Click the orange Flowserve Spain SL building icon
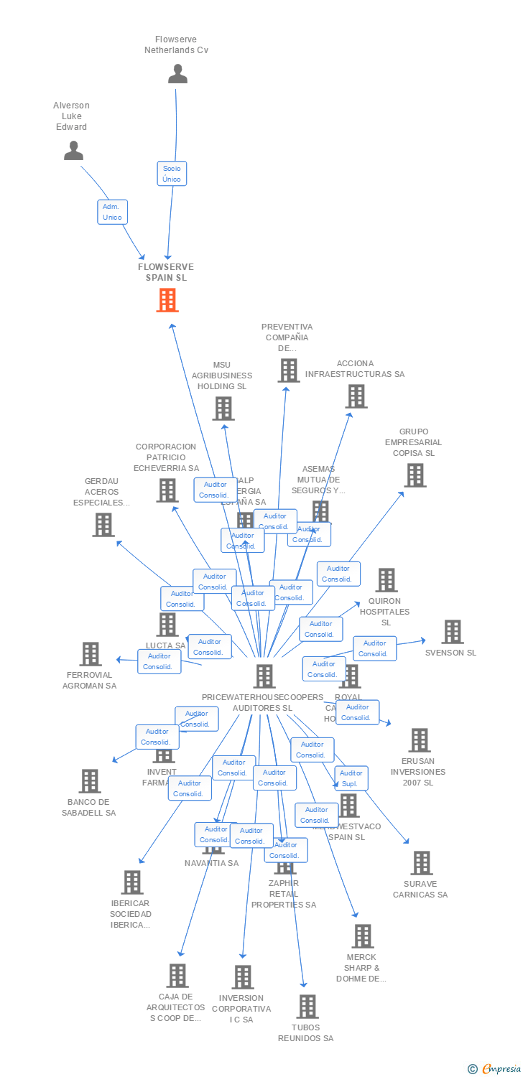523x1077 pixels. click(x=167, y=300)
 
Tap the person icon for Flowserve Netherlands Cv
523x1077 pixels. click(x=177, y=74)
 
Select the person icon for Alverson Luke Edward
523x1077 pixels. click(x=73, y=150)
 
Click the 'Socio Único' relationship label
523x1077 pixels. click(x=172, y=174)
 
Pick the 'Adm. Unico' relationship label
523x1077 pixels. click(x=112, y=212)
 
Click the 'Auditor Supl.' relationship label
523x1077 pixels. click(x=351, y=778)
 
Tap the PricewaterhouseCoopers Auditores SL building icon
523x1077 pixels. click(x=264, y=676)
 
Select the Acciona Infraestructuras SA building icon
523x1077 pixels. click(x=356, y=396)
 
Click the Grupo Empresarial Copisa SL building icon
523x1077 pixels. click(x=415, y=475)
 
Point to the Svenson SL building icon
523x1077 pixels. click(x=452, y=632)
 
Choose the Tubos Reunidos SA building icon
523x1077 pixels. click(x=307, y=1007)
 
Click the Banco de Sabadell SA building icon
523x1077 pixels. click(x=90, y=781)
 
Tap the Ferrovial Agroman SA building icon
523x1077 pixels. click(x=91, y=654)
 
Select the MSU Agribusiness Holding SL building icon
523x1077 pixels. click(x=223, y=409)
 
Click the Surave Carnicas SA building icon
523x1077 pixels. click(x=421, y=863)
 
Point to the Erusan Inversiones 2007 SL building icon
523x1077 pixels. click(x=419, y=740)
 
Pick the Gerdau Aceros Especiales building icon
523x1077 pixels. click(x=103, y=525)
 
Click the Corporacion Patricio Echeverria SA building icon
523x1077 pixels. click(x=167, y=490)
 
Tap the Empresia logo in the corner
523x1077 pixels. click(x=494, y=1069)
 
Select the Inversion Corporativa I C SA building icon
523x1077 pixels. click(x=243, y=977)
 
